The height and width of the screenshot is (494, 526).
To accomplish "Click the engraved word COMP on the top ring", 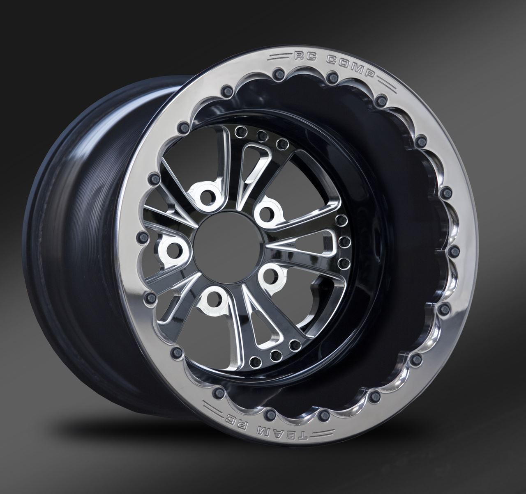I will [350, 66].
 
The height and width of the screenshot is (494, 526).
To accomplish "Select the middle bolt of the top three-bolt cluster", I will [259, 135].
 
